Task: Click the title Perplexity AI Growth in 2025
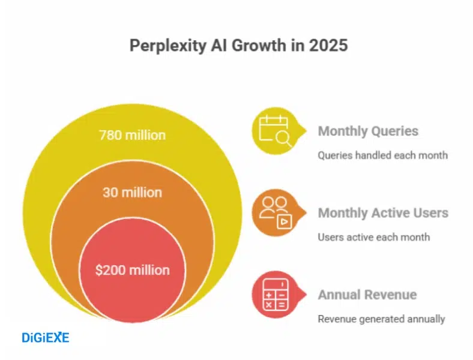pos(238,46)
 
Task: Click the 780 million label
pos(132,136)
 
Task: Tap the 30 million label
pos(132,193)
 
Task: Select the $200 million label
pos(132,270)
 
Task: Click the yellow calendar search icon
pos(274,131)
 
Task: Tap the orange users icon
pos(274,212)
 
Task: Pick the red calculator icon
pos(274,295)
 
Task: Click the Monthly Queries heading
pos(368,131)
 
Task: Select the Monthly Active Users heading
pos(383,213)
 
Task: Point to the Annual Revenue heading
pos(367,295)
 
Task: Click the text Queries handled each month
pos(382,155)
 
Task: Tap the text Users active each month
pos(373,237)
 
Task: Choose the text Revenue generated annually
pos(381,319)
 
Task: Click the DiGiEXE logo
pos(46,338)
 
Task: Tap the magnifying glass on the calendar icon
pos(283,140)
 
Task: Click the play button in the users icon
pos(282,222)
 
